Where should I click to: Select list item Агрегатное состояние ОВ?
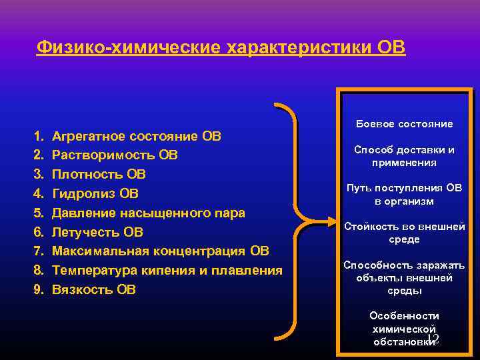[x=137, y=137]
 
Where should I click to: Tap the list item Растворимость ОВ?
[x=115, y=155]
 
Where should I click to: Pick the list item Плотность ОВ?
[x=99, y=175]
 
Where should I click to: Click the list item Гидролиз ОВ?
[x=95, y=194]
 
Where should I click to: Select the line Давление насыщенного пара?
[x=148, y=213]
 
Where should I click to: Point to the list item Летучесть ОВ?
[x=97, y=232]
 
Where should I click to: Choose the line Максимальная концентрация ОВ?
[x=160, y=251]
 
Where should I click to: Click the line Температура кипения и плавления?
[x=167, y=271]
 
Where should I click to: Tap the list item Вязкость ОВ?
[x=93, y=289]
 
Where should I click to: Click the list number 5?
[x=37, y=213]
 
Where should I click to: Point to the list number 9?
[x=37, y=289]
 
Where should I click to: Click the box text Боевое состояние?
[x=404, y=124]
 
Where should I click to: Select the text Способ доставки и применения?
[x=404, y=156]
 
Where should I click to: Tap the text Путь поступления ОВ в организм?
[x=404, y=195]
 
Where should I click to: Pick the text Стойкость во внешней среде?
[x=404, y=233]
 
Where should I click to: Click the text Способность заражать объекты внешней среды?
[x=404, y=277]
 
